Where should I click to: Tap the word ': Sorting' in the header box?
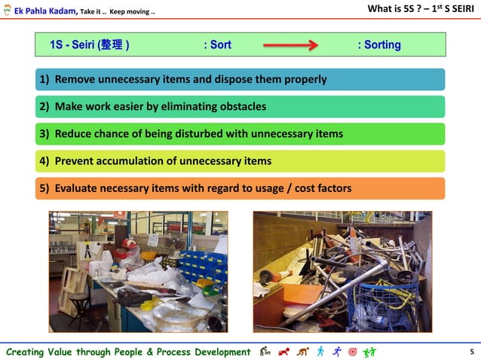coord(379,45)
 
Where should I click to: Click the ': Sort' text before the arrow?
coord(217,45)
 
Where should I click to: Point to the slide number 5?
coord(471,352)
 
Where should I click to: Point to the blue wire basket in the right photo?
coord(384,305)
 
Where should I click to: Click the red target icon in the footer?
coord(351,351)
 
